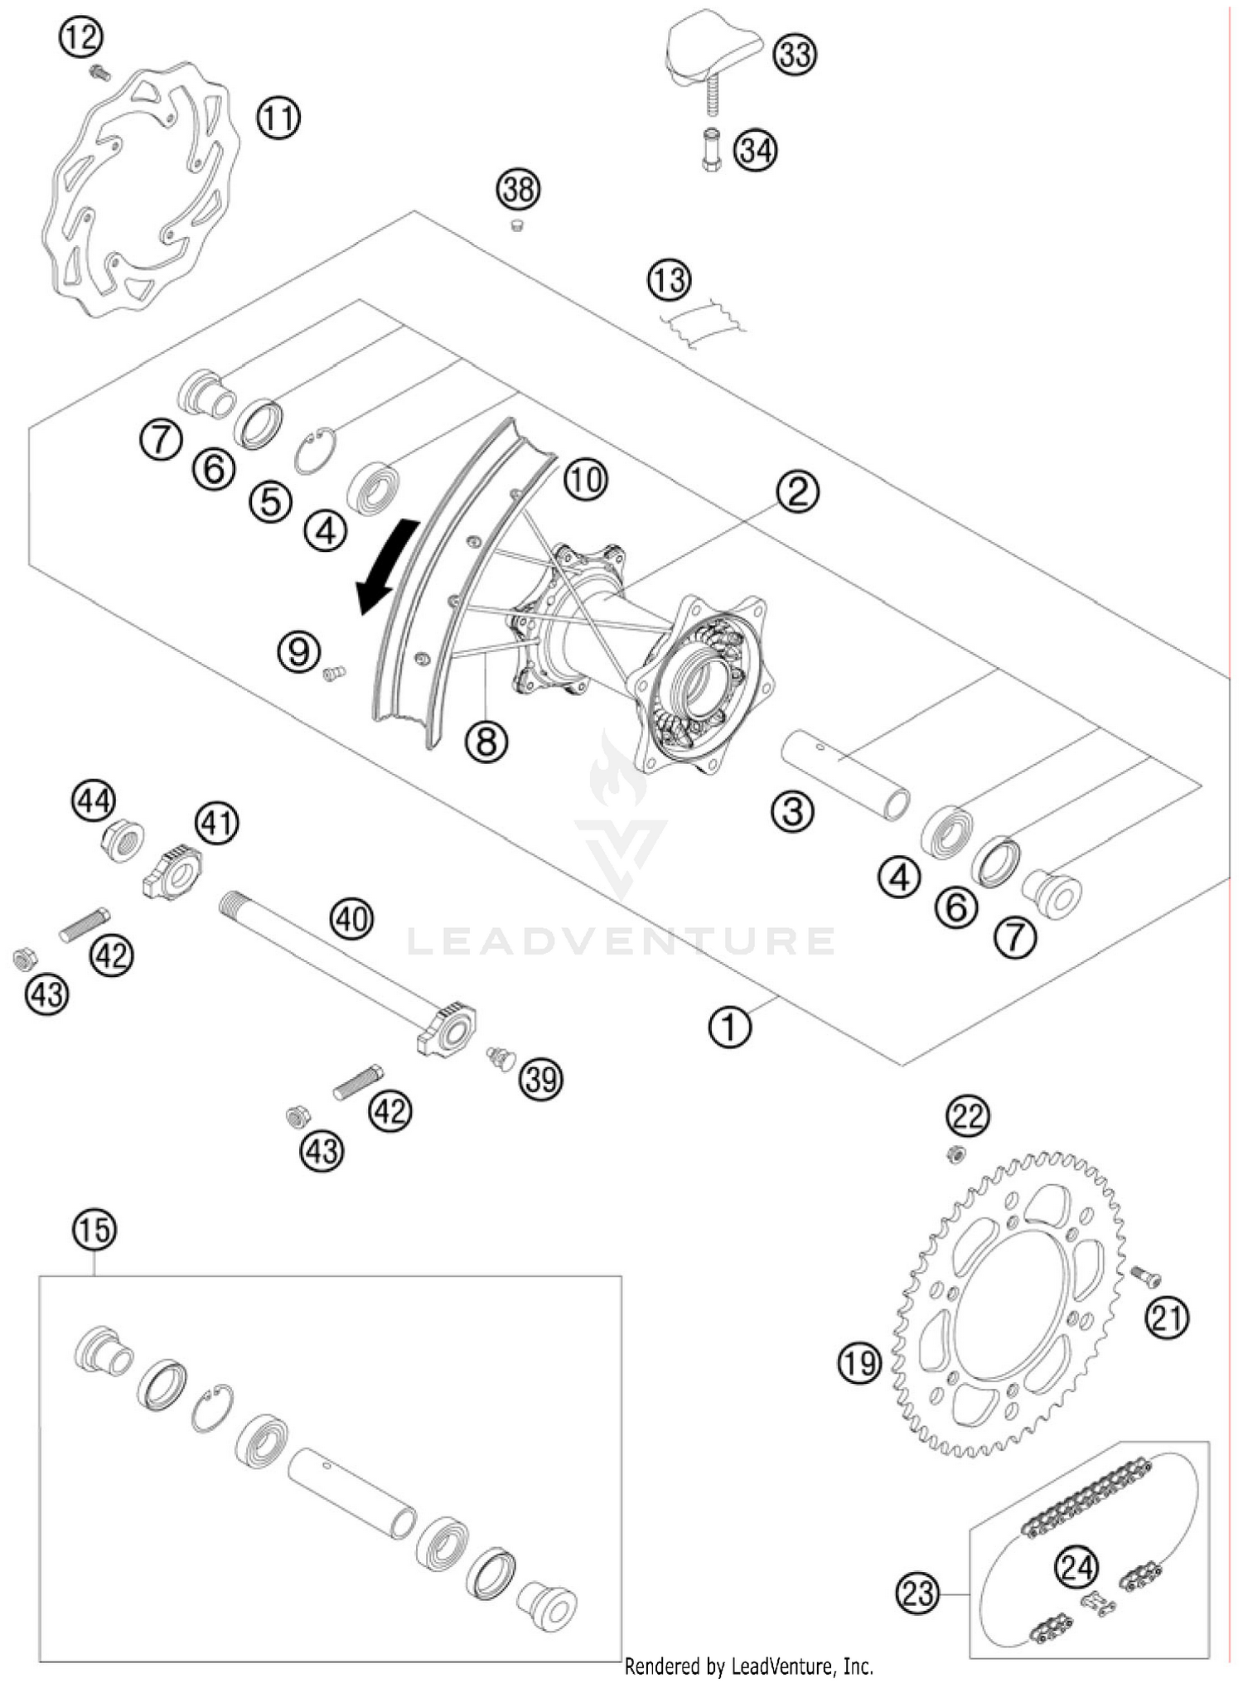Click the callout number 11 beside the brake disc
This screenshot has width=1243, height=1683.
click(278, 118)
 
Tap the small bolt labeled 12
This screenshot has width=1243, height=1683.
click(99, 73)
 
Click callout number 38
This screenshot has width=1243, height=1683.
click(518, 190)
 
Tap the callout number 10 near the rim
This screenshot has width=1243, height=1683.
click(585, 479)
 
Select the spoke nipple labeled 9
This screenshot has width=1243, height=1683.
click(333, 674)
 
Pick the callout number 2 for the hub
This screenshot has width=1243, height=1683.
click(796, 492)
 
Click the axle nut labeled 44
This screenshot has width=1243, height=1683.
click(123, 842)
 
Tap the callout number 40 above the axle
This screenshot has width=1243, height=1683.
click(351, 919)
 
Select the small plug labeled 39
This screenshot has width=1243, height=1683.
click(500, 1057)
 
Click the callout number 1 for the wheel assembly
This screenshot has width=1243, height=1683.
click(729, 1028)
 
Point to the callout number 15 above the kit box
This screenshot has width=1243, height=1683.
click(94, 1230)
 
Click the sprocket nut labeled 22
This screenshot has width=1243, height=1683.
click(955, 1153)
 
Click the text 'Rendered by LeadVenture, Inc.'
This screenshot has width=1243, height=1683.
click(748, 1664)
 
